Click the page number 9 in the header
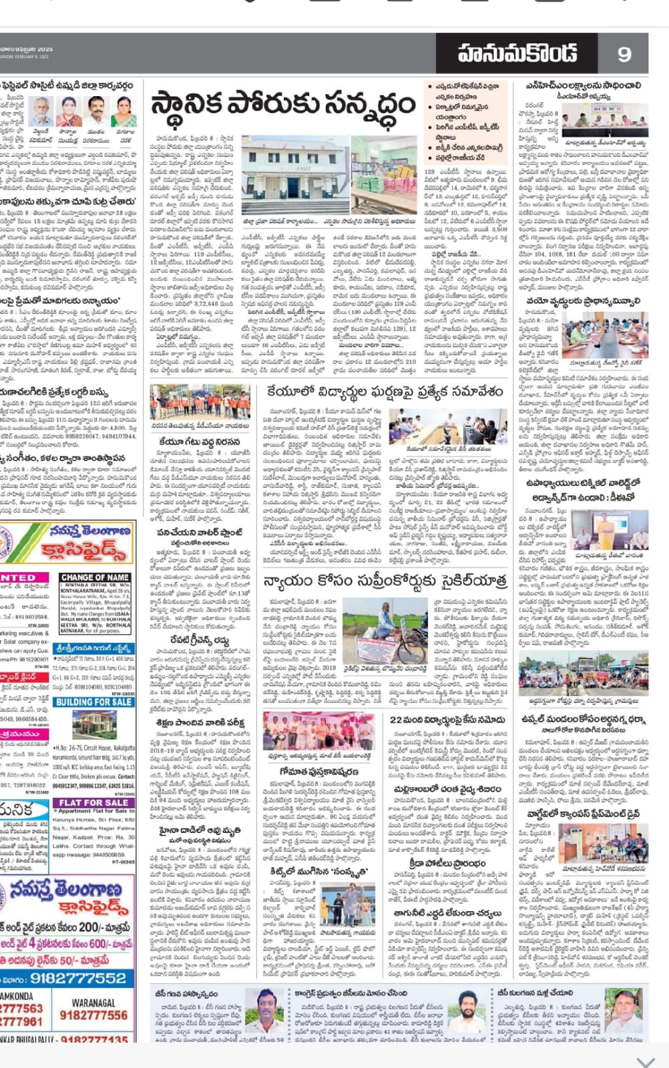point(624,54)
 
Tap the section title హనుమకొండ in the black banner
point(517,53)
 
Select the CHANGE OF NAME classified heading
point(95,577)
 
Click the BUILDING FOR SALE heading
point(93,702)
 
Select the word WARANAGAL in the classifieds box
point(93,1003)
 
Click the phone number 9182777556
point(93,1015)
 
